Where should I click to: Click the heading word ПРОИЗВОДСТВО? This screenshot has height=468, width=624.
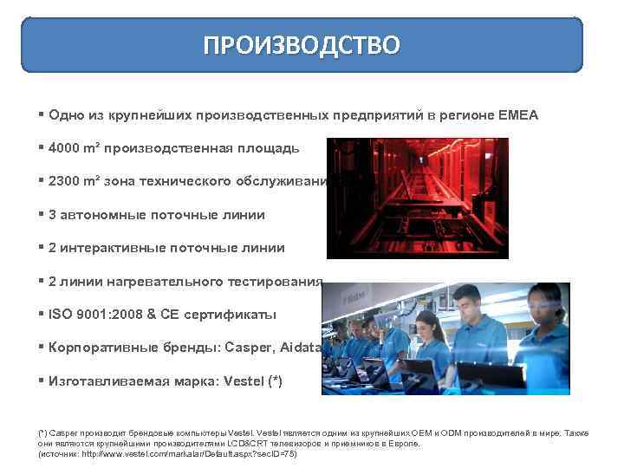click(302, 45)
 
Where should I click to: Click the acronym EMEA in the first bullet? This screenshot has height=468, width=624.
click(518, 114)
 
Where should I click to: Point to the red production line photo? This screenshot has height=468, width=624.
click(416, 198)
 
